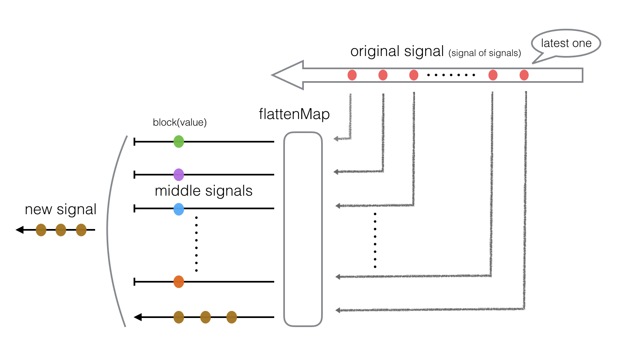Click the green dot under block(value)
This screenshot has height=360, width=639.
tap(178, 142)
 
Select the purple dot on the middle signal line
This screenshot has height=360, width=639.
tap(178, 175)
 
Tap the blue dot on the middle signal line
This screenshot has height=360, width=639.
tap(178, 209)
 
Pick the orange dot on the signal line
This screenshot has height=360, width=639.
tap(178, 282)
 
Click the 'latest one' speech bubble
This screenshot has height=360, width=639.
tap(566, 43)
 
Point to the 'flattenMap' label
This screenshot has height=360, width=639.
tap(294, 114)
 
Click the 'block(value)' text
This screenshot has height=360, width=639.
tap(180, 122)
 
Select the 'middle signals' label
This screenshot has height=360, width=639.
tap(203, 191)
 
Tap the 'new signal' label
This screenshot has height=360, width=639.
tap(61, 209)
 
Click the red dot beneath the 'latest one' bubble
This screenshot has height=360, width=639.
tap(524, 75)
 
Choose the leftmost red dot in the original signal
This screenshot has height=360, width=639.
tap(352, 75)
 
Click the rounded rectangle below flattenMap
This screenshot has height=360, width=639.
tap(303, 229)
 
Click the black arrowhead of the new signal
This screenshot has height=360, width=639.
tap(19, 230)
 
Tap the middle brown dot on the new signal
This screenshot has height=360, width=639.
tap(61, 230)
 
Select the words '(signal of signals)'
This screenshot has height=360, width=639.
tap(485, 53)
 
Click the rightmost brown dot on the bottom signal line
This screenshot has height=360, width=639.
tap(231, 317)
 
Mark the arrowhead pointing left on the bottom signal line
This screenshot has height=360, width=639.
tap(138, 317)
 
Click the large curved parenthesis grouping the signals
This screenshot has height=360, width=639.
tap(111, 231)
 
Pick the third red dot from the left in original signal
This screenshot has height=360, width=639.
tap(414, 75)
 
